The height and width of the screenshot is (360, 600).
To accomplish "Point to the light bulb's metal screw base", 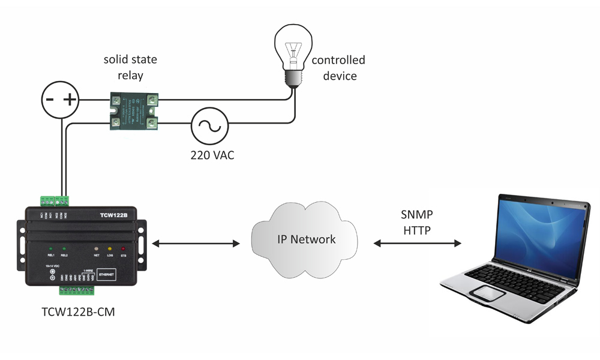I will [293, 79].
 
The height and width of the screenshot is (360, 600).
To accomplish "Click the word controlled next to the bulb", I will [338, 60].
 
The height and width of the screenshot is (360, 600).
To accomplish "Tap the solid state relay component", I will [135, 112].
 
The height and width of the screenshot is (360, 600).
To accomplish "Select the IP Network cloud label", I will [306, 239].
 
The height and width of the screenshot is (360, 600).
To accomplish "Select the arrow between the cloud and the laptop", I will [418, 244].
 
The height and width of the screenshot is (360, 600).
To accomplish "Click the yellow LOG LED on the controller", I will [109, 248].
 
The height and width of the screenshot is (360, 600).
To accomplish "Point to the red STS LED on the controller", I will [124, 248].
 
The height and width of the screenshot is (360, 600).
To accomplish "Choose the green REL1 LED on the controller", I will [50, 248].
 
